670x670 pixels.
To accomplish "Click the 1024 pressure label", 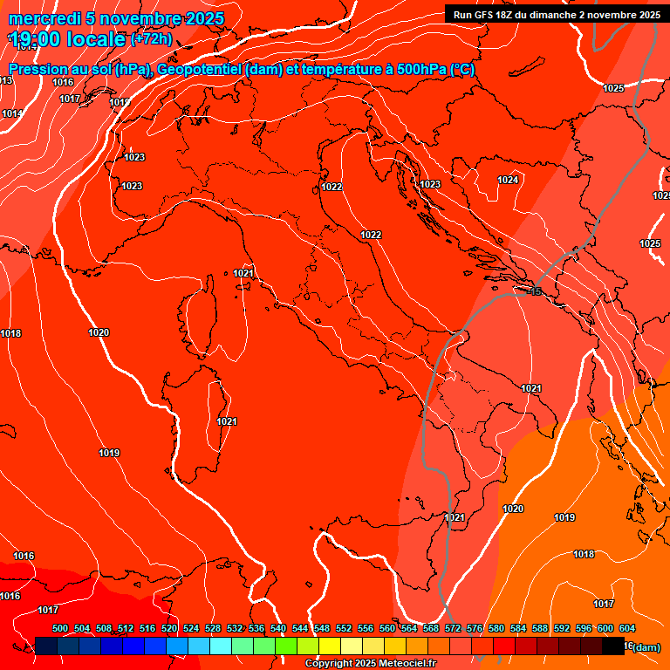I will pyautogui.click(x=508, y=180).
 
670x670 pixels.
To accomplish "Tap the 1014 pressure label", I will pyautogui.click(x=11, y=114).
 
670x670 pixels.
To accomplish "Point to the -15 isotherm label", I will pyautogui.click(x=535, y=291).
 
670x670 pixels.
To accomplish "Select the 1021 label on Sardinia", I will pyautogui.click(x=227, y=421).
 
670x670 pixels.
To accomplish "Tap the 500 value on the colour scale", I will pyautogui.click(x=60, y=628).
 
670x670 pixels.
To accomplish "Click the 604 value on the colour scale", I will pyautogui.click(x=626, y=628).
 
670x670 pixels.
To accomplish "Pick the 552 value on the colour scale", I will pyautogui.click(x=344, y=628).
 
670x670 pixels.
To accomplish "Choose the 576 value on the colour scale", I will pyautogui.click(x=475, y=628).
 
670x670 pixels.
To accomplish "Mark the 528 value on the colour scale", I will pyautogui.click(x=213, y=628).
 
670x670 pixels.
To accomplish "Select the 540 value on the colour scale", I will pyautogui.click(x=278, y=628).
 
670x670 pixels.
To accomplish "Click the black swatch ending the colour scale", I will pyautogui.click(x=613, y=646).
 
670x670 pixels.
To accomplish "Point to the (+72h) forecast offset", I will pyautogui.click(x=151, y=39).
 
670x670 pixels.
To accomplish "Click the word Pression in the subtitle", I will pyautogui.click(x=39, y=70).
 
